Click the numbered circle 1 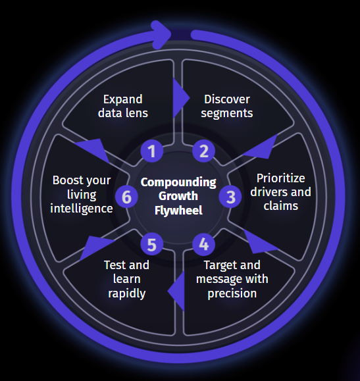(152, 151)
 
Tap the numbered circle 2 (204, 151)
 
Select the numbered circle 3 (230, 195)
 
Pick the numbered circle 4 (204, 244)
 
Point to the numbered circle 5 (152, 245)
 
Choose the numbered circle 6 (126, 195)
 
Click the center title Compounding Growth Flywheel (178, 197)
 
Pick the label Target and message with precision (232, 279)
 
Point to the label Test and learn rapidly (126, 279)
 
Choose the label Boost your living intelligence (82, 194)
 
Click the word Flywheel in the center (178, 211)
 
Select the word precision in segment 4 (232, 293)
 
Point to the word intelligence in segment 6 (82, 209)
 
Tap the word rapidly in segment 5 (126, 293)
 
